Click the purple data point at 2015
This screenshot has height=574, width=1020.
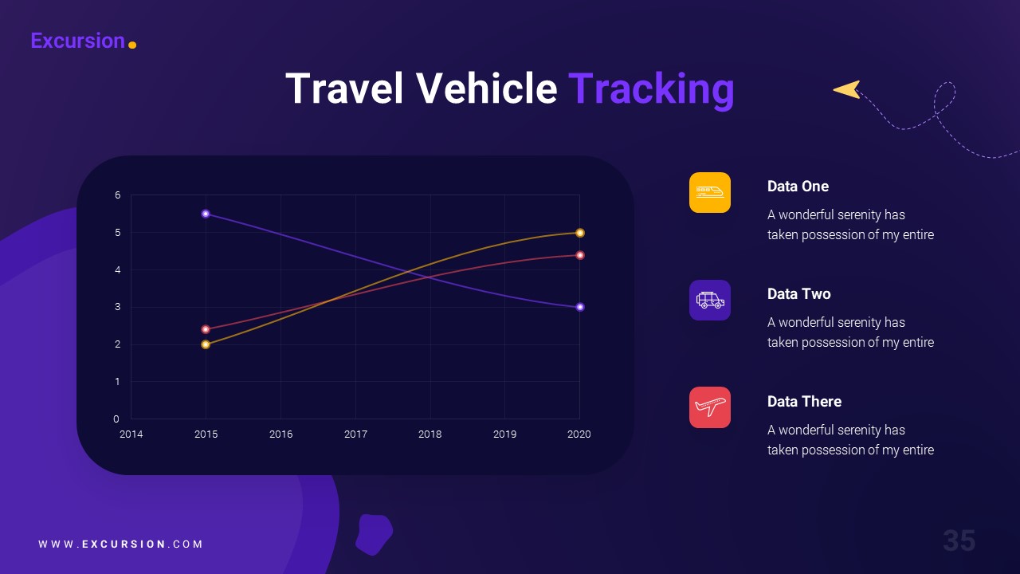coord(206,214)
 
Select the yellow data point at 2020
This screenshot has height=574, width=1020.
coord(580,233)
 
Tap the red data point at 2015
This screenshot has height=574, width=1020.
coord(206,329)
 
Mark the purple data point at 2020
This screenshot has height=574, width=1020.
coord(580,307)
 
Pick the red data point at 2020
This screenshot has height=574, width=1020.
coord(580,255)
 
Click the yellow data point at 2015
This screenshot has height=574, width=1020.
coord(206,344)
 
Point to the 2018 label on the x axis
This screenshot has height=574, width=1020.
coord(430,434)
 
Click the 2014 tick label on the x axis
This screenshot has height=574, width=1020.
coord(131,434)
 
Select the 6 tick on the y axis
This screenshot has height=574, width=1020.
coord(117,195)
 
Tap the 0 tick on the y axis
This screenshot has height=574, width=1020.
coord(117,419)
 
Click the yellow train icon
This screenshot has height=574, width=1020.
coord(709,192)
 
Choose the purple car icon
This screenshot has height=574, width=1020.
coord(709,300)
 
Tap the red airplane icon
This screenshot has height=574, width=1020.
coord(709,407)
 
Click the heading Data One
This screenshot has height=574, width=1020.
coord(798,187)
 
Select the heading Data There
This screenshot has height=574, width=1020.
coord(804,402)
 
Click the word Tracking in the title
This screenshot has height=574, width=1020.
coord(650,88)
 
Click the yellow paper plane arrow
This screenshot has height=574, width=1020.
coord(847,89)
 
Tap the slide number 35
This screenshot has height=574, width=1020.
coord(959,541)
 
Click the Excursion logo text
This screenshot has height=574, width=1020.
coord(77,41)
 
